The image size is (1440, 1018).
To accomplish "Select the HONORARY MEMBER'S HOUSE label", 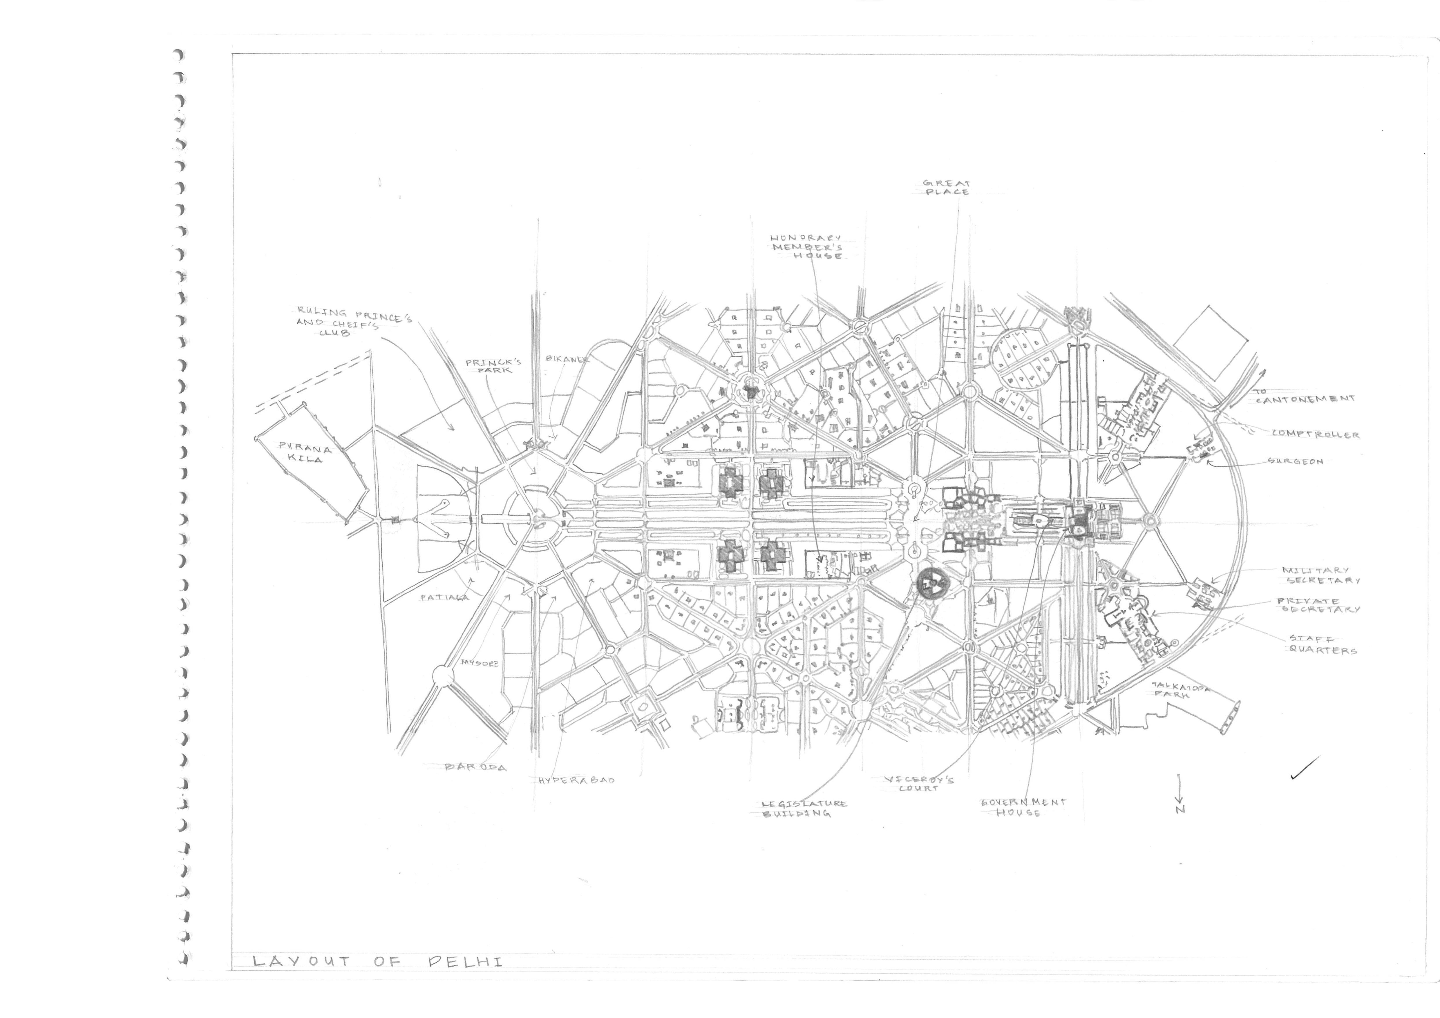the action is click(x=806, y=247).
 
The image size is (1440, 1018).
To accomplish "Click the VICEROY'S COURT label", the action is click(x=919, y=783).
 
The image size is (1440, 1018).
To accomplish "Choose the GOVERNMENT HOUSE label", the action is click(x=1022, y=807).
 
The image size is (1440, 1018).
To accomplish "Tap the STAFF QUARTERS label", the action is click(x=1323, y=644).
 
